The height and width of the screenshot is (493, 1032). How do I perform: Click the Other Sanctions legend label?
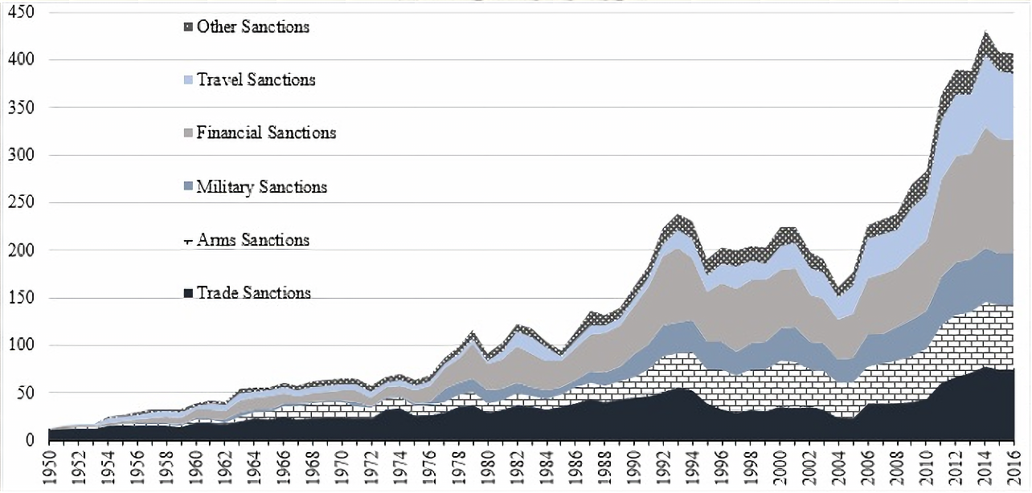click(252, 27)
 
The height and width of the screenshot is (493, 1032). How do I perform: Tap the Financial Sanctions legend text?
click(266, 133)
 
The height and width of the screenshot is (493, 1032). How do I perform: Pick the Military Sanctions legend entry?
click(261, 187)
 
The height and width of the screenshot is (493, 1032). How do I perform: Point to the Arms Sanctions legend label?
click(252, 240)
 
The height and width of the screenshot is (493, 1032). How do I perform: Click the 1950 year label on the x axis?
click(49, 467)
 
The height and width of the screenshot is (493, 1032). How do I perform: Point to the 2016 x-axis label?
click(1014, 467)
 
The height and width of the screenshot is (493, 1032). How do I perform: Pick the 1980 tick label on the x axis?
click(488, 467)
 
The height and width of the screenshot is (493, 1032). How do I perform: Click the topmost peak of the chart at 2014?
click(985, 32)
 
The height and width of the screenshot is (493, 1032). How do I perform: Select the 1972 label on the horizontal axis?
click(371, 467)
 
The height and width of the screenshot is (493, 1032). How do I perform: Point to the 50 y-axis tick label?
click(27, 393)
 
